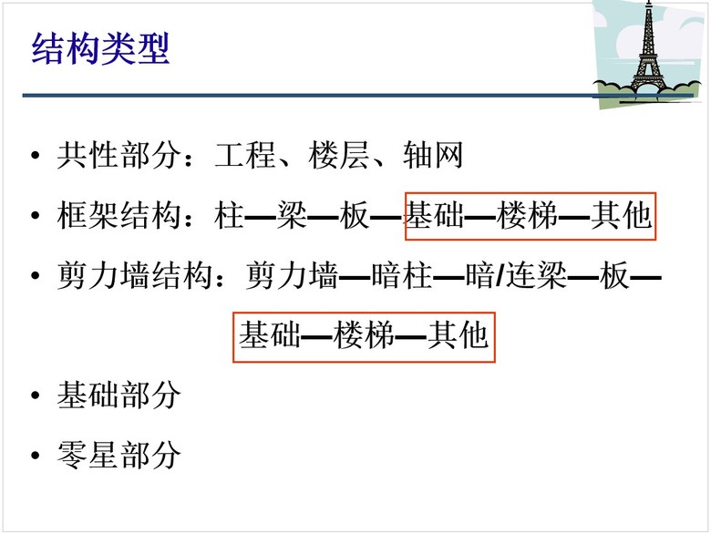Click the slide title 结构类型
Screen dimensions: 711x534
[100, 48]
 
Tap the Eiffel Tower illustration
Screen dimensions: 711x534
[648, 52]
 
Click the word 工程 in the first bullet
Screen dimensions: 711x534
[245, 155]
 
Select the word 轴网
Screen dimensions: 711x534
[433, 155]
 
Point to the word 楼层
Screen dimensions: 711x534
[339, 155]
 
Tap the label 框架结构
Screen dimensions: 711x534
[118, 215]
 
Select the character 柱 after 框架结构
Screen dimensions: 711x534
[230, 215]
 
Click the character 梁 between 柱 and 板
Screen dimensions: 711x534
[293, 215]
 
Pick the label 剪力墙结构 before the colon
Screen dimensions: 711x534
[134, 275]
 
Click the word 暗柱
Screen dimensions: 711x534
[401, 275]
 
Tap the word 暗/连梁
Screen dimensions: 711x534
[516, 275]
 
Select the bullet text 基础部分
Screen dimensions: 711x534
[118, 395]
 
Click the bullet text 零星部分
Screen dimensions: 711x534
[118, 455]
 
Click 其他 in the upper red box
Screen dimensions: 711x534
[622, 215]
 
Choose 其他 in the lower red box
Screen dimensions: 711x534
[458, 335]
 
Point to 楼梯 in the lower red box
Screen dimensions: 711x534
[364, 335]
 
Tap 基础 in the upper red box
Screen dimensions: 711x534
[435, 215]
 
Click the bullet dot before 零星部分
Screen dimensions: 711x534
[36, 455]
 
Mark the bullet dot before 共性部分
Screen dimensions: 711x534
[36, 155]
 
